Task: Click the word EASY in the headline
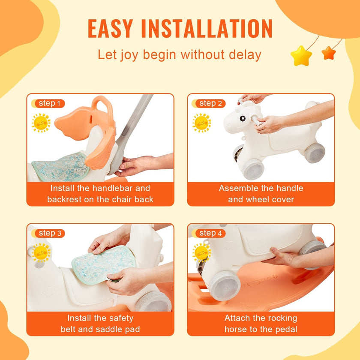(x=111, y=28)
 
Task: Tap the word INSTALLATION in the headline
(x=207, y=28)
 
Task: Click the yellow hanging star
(x=301, y=56)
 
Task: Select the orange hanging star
(x=329, y=53)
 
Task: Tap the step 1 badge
(x=48, y=104)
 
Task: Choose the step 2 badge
(x=209, y=104)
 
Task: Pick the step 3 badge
(x=48, y=233)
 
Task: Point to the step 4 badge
(x=209, y=233)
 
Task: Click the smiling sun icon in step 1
(x=41, y=123)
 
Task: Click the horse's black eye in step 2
(x=243, y=118)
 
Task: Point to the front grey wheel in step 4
(x=224, y=285)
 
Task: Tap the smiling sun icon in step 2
(x=202, y=123)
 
